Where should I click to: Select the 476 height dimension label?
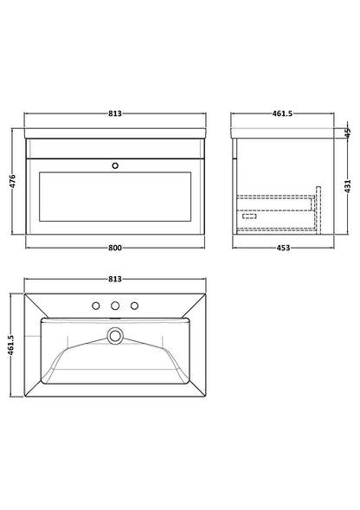[x=14, y=184]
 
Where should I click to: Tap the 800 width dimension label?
[x=114, y=249]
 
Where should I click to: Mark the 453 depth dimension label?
[x=275, y=249]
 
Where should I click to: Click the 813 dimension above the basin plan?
[x=114, y=279]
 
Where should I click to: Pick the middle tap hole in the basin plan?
[x=114, y=305]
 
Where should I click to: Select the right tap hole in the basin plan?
[x=134, y=305]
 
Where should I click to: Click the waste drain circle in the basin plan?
[x=114, y=334]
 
